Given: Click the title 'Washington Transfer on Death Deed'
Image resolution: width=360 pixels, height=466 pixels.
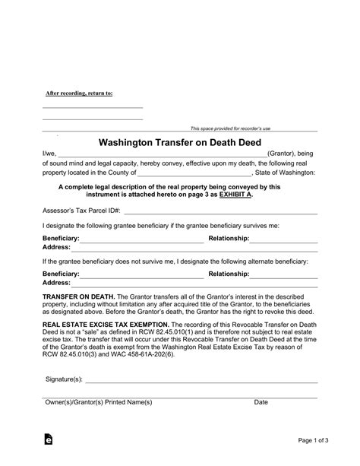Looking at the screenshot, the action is click(179, 142).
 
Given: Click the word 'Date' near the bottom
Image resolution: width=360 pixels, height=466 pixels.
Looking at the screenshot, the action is click(261, 401).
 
